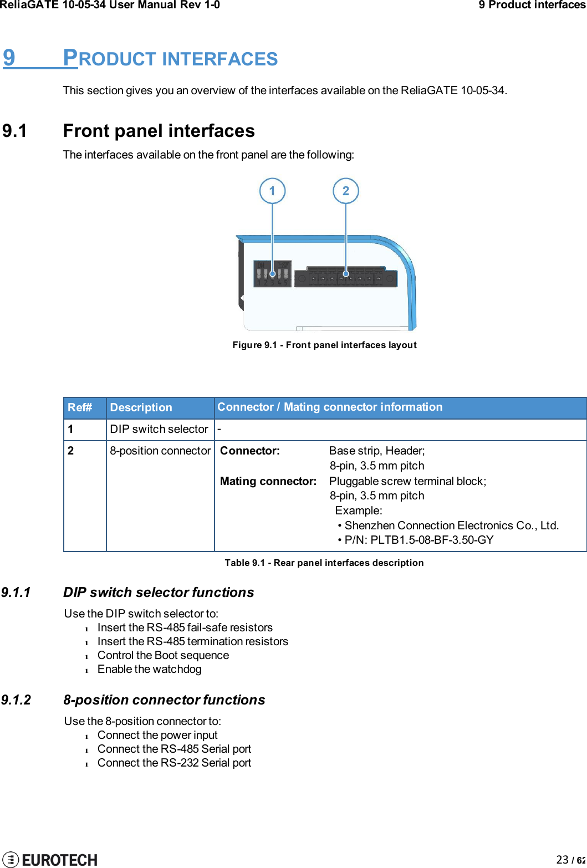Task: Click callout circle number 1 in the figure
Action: click(272, 191)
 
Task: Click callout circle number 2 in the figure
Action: click(346, 191)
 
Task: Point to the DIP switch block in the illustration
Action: click(272, 273)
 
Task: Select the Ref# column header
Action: click(80, 407)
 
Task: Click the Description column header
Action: click(141, 407)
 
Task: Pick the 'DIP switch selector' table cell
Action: click(159, 429)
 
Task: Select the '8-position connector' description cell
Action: click(160, 451)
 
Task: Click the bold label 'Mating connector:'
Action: click(268, 481)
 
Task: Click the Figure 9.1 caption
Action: click(324, 345)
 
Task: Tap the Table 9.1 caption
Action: click(324, 563)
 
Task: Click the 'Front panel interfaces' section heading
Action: click(159, 131)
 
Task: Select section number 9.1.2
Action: click(16, 700)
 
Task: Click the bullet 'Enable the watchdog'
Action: click(149, 669)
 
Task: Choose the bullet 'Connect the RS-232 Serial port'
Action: click(174, 763)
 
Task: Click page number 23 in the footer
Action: click(562, 859)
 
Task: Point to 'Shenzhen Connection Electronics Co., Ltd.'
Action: click(451, 525)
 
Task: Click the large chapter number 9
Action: click(9, 58)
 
